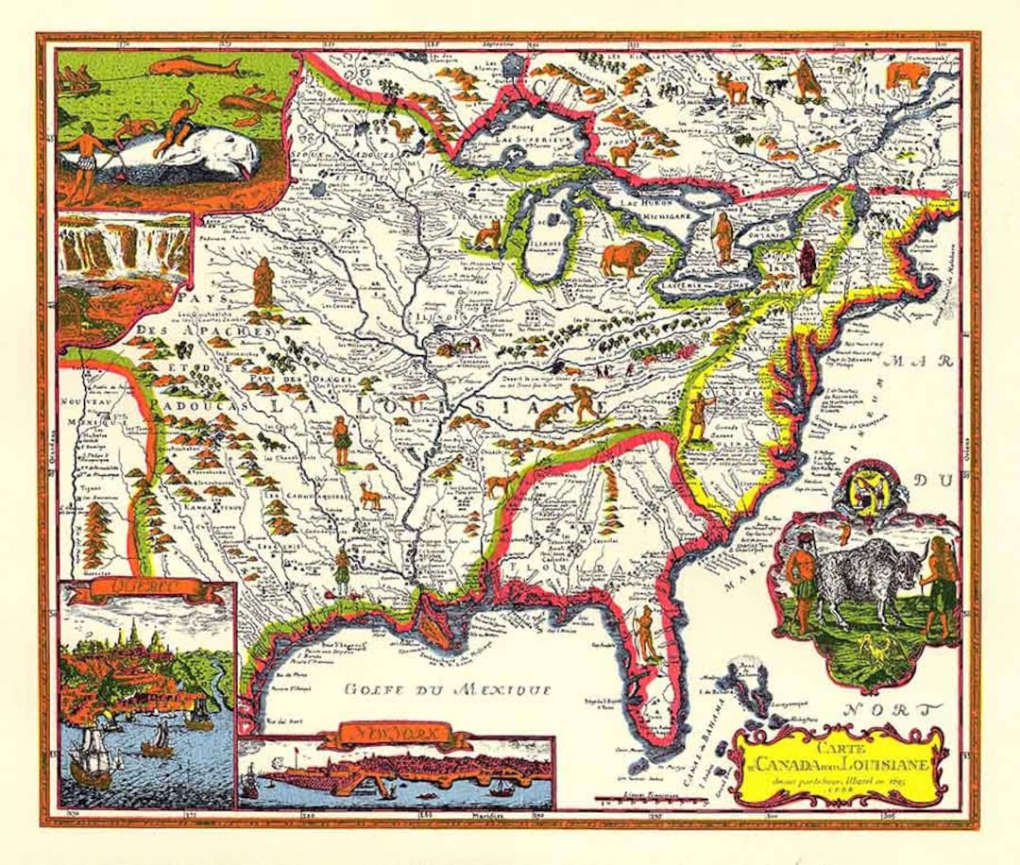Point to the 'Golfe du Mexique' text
pos(448,689)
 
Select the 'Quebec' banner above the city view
pos(144,592)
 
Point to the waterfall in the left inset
pos(123,244)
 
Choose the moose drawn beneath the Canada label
pos(734,87)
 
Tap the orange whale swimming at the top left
pos(194,67)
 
